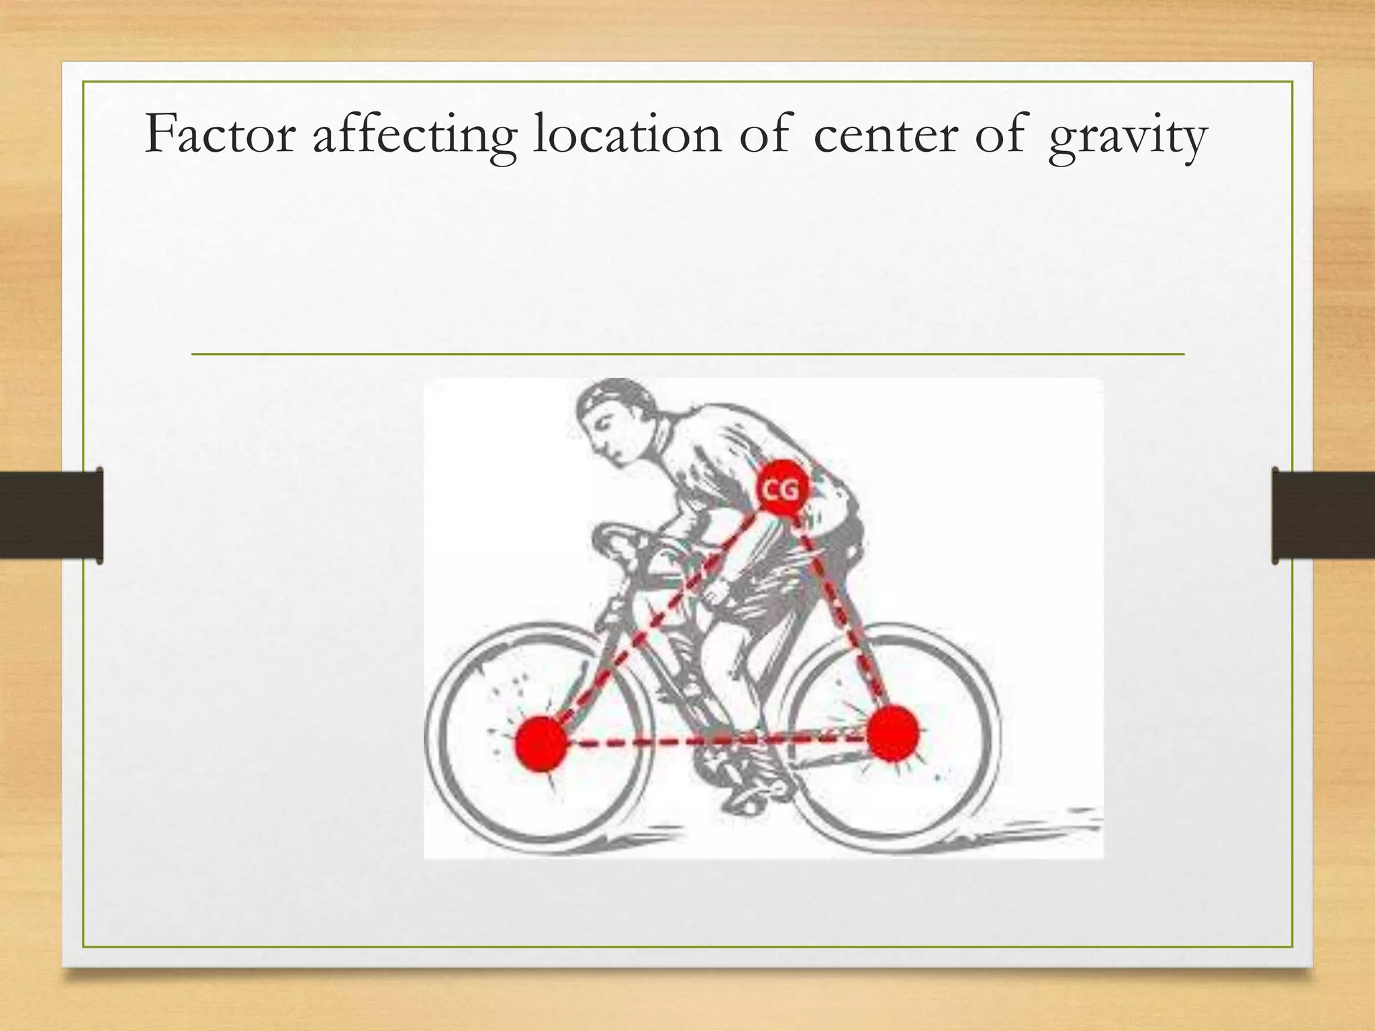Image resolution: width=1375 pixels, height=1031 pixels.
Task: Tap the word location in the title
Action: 627,134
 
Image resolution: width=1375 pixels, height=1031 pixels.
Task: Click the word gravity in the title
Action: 1127,138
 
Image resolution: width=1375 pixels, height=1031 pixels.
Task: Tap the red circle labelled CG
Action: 779,491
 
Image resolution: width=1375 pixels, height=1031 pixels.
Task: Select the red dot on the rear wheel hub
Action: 892,734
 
